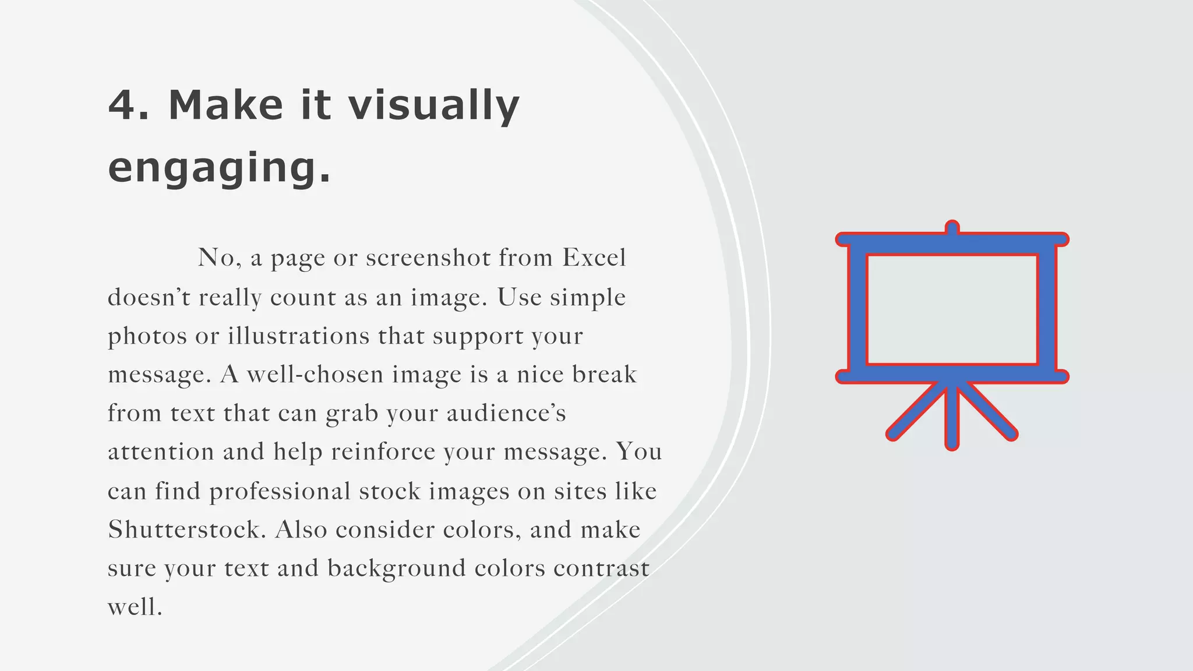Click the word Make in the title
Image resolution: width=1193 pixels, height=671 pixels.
tap(225, 105)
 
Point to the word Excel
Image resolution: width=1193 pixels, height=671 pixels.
tap(594, 258)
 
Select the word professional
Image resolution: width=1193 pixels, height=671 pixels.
tap(280, 492)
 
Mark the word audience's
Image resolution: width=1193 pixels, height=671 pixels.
tap(506, 414)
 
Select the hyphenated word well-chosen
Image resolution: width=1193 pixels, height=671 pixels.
tap(315, 375)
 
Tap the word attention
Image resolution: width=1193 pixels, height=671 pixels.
tap(161, 452)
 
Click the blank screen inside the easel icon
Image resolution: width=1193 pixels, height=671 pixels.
tap(952, 309)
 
